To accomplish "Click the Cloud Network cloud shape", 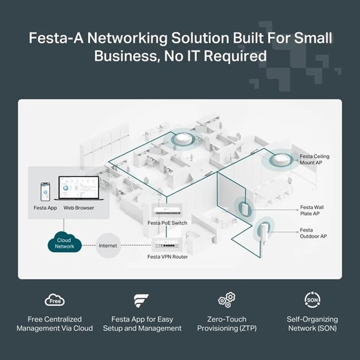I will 64,243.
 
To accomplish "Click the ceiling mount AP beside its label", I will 281,159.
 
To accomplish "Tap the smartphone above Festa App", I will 44,192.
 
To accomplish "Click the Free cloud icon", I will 55,300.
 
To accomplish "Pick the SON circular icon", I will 312,300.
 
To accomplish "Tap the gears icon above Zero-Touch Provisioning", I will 226,300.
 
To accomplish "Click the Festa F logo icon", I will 141,300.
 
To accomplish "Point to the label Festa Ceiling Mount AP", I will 314,160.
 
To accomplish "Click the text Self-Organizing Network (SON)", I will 312,324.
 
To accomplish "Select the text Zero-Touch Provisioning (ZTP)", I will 226,324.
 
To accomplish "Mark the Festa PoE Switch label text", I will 167,223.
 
